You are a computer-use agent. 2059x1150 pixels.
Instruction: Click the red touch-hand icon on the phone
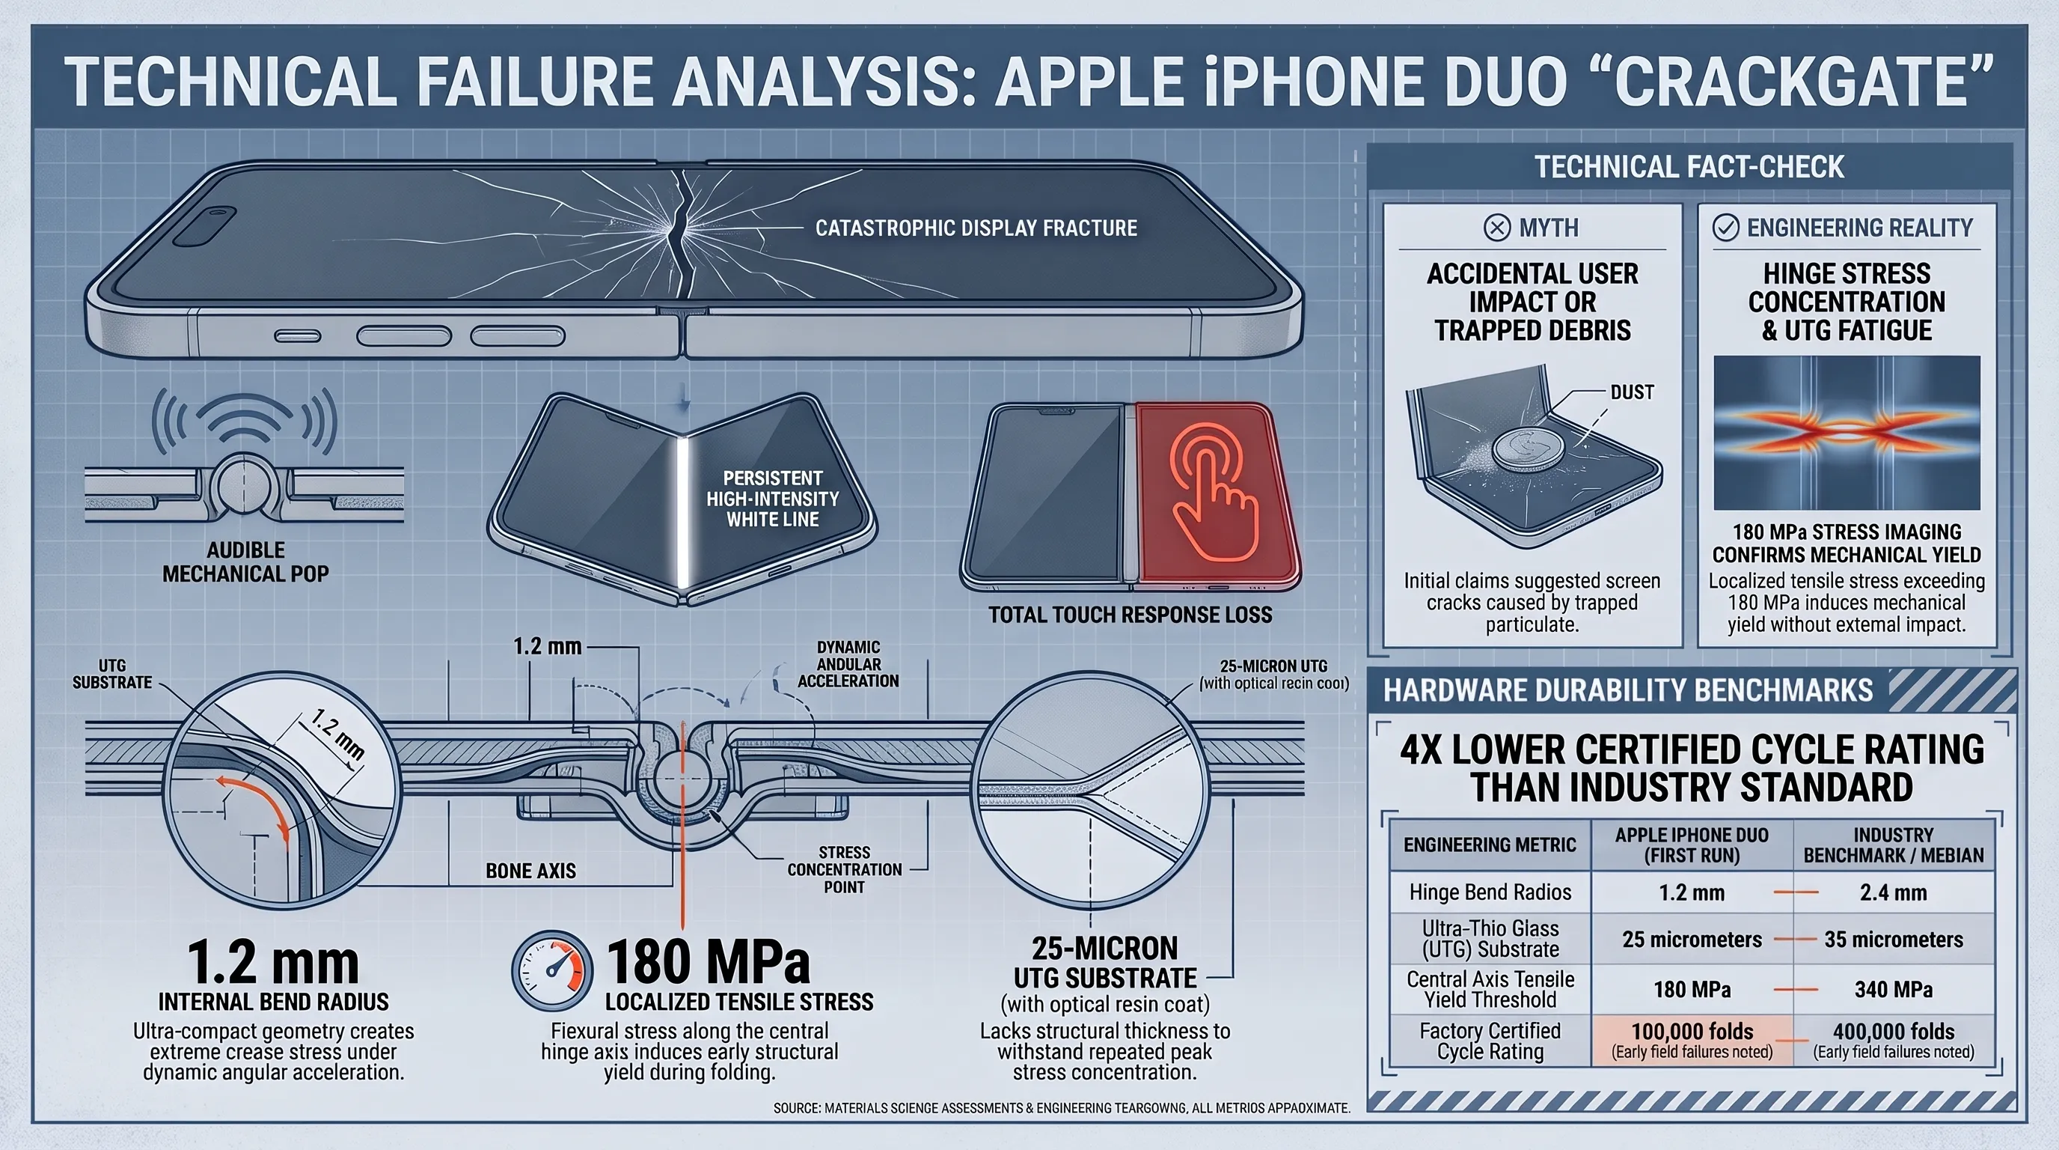pos(1214,491)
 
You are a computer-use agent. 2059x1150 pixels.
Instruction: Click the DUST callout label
pos(1631,392)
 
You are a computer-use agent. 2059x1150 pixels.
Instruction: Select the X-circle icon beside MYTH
pos(1497,228)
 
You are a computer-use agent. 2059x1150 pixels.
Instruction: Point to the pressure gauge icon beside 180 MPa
pos(551,970)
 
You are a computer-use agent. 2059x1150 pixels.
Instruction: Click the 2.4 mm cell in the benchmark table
pos(1893,892)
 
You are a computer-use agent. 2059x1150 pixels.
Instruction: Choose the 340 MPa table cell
pos(1893,989)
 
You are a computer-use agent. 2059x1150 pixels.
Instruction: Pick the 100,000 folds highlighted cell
pos(1692,1041)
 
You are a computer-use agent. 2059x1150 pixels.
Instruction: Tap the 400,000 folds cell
pos(1893,1041)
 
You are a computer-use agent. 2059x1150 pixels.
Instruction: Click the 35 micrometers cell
pos(1893,940)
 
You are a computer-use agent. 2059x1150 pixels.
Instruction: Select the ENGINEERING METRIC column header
pos(1490,845)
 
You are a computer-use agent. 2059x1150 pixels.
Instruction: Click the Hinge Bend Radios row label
pos(1490,892)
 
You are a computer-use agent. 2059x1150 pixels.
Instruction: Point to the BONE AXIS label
pos(530,871)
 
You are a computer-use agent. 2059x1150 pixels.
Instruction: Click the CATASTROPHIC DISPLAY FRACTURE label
pos(976,228)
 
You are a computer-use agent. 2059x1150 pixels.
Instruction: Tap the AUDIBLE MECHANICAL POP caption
pos(245,562)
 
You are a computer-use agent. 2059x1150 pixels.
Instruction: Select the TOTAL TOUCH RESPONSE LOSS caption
pos(1130,615)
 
